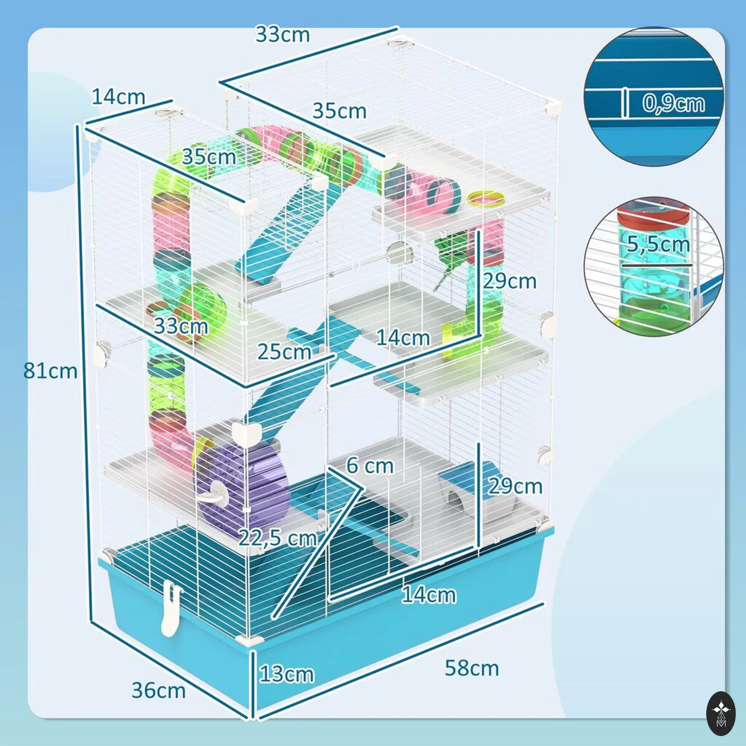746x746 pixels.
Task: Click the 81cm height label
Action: pyautogui.click(x=50, y=371)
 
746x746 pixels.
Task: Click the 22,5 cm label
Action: pyautogui.click(x=278, y=538)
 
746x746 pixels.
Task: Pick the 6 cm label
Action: pyautogui.click(x=370, y=466)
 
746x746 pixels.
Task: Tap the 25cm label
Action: pyautogui.click(x=285, y=352)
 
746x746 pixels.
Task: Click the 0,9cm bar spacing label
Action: pyautogui.click(x=674, y=104)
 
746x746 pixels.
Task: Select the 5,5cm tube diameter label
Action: pyautogui.click(x=658, y=244)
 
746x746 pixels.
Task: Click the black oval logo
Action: pyautogui.click(x=721, y=714)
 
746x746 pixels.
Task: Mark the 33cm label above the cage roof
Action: pyautogui.click(x=283, y=35)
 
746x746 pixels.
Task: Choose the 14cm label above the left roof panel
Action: pyautogui.click(x=119, y=97)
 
